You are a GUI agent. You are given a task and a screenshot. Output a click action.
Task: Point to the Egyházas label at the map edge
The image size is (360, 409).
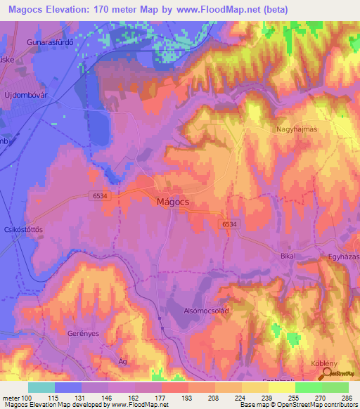click(343, 257)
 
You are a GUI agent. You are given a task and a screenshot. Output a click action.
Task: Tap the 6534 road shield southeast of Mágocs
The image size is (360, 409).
click(229, 223)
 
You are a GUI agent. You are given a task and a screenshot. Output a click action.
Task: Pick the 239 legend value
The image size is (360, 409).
click(255, 397)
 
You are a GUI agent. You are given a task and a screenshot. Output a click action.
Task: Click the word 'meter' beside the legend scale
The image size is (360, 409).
click(11, 397)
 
